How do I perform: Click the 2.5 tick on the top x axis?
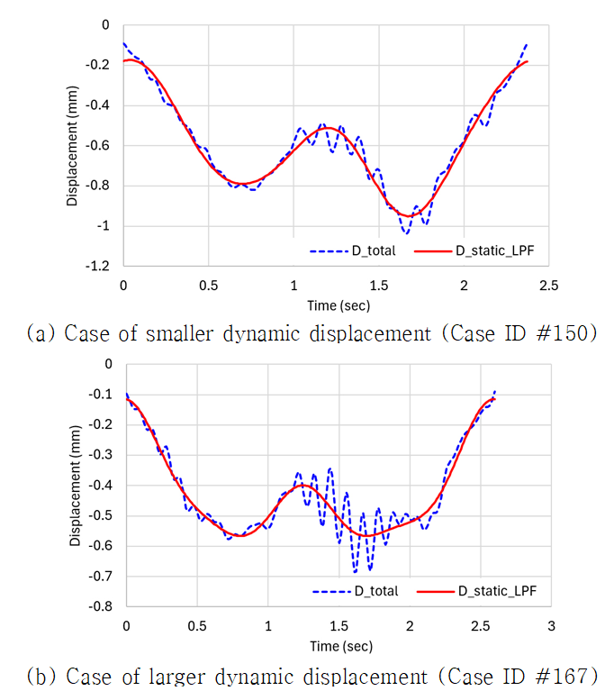pos(549,285)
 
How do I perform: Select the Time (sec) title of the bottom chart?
pos(338,645)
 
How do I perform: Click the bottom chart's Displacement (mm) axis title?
pos(75,486)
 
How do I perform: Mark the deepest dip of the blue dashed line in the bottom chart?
pos(355,572)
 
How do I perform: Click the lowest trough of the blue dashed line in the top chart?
pos(406,233)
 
